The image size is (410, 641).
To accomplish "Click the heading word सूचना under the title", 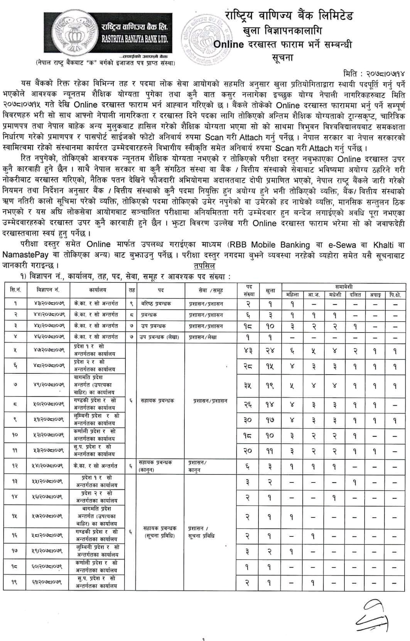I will [x=283, y=58].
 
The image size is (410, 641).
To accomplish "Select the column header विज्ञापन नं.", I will [x=48, y=290].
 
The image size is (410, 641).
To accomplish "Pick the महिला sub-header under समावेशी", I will [x=292, y=295].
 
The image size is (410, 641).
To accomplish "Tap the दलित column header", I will [x=355, y=295].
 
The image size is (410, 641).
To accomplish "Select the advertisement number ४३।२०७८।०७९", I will [x=48, y=304].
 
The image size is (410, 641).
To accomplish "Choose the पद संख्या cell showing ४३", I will [x=248, y=351].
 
